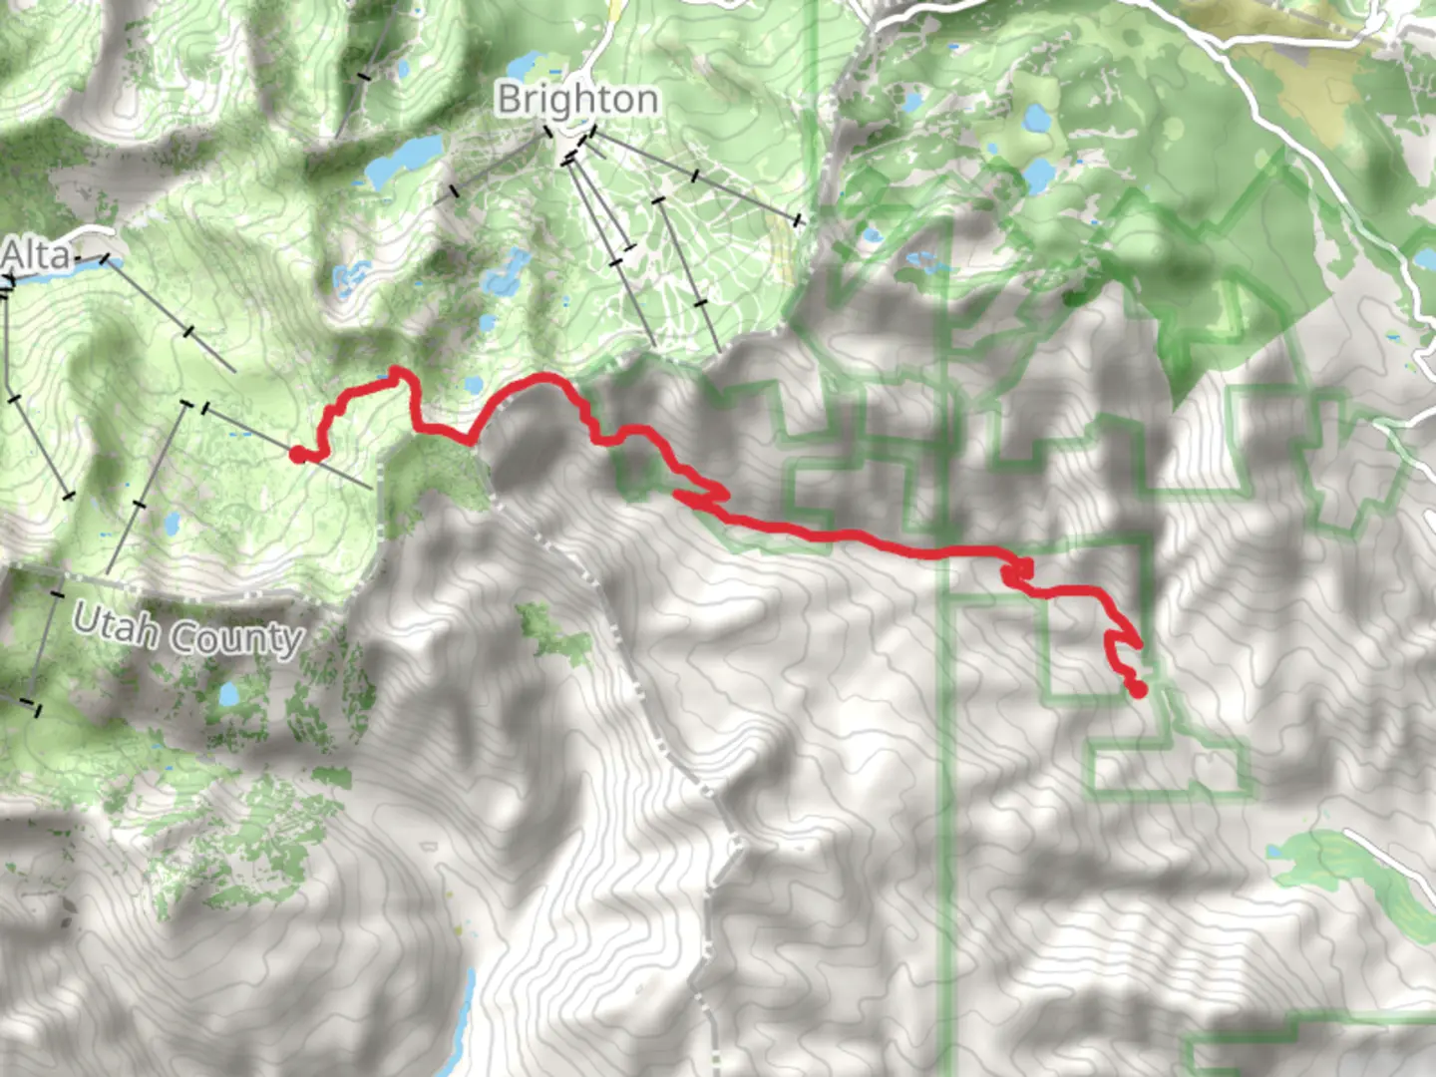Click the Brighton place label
(577, 100)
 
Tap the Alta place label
(36, 256)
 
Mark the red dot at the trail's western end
(297, 455)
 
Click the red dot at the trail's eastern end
(1138, 688)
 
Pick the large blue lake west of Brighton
(405, 163)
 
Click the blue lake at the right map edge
(1425, 259)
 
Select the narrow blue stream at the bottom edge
(465, 1017)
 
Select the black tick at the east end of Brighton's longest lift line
(798, 219)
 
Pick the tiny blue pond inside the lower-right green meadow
(1275, 853)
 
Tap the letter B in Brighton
(509, 100)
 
